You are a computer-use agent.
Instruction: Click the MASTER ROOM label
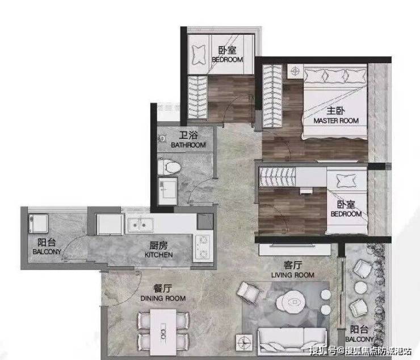click(x=336, y=121)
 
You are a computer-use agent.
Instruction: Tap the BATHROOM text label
click(x=188, y=145)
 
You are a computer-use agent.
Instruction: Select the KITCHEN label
click(x=158, y=254)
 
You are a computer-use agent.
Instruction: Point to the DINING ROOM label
click(x=163, y=298)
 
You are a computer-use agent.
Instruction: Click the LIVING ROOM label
click(x=293, y=275)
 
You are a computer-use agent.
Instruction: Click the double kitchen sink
click(x=140, y=225)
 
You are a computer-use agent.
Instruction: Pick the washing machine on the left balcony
click(x=38, y=224)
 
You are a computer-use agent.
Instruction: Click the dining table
click(x=163, y=332)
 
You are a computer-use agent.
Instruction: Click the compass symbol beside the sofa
click(x=244, y=342)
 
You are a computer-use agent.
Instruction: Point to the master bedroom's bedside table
click(x=295, y=72)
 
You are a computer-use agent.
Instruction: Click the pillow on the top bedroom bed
click(x=199, y=55)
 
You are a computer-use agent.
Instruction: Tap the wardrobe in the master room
click(x=272, y=96)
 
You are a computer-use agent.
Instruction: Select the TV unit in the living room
click(x=295, y=250)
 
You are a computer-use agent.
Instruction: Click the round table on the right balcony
click(x=360, y=288)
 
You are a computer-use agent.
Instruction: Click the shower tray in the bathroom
click(x=167, y=191)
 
